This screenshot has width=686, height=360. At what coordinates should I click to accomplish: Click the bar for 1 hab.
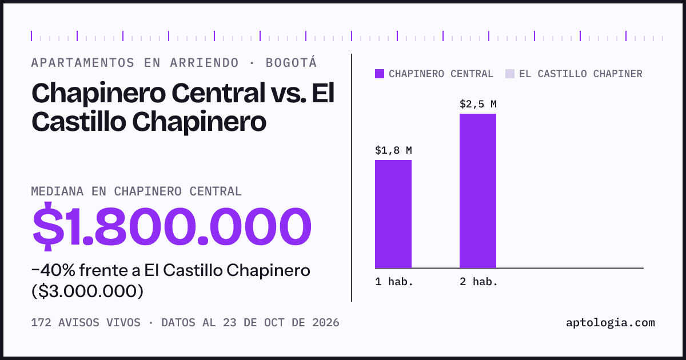[393, 214]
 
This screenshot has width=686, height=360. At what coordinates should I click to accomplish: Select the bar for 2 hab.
[478, 191]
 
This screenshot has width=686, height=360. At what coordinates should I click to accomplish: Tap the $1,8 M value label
[393, 150]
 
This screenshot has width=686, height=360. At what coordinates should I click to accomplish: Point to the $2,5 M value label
[478, 104]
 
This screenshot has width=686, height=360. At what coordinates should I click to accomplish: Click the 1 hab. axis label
[394, 282]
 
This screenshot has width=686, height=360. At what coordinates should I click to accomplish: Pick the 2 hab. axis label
[478, 282]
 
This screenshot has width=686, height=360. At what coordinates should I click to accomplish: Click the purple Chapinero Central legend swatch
[380, 74]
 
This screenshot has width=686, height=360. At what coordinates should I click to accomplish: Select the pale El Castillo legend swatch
[509, 74]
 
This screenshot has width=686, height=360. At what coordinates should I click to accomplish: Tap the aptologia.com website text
[611, 323]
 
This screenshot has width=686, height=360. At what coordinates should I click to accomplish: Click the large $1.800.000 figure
[172, 226]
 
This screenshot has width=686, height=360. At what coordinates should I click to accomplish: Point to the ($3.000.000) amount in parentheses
[87, 291]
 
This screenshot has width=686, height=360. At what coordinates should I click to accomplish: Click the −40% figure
[53, 270]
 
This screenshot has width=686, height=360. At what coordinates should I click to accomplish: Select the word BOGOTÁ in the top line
[291, 62]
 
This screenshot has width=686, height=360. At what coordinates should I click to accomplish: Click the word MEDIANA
[57, 191]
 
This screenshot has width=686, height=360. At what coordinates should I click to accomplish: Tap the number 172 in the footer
[41, 323]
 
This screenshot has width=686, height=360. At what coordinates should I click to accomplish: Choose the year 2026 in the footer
[325, 323]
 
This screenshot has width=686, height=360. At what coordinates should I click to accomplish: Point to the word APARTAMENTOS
[83, 63]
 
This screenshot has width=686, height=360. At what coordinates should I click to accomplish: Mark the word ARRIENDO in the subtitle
[204, 63]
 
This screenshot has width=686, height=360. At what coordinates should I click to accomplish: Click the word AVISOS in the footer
[79, 323]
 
